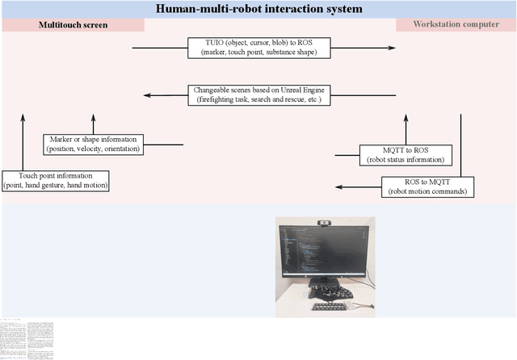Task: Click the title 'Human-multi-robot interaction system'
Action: pos(258,10)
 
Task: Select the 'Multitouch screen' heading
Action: pos(74,25)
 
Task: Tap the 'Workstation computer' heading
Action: pos(456,25)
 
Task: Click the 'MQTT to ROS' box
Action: pos(406,154)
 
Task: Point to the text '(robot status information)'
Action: pos(406,159)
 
